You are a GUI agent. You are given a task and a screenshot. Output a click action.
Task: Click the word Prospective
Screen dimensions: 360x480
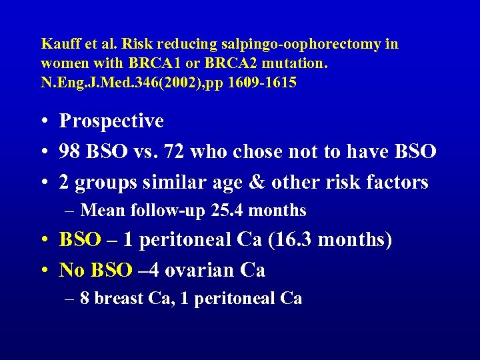point(111,121)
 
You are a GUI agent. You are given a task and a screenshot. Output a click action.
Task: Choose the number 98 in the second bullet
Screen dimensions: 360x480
point(69,151)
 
